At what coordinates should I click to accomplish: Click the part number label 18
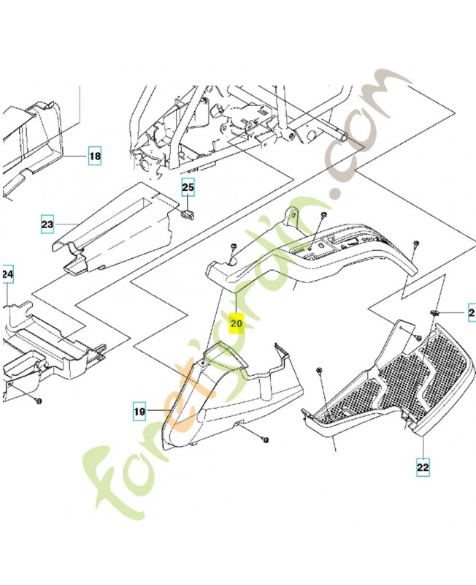[x=96, y=156]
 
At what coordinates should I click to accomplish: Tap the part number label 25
[x=188, y=188]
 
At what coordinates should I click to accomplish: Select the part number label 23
[x=47, y=224]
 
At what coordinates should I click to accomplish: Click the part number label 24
[x=7, y=275]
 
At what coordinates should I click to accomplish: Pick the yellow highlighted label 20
[x=237, y=322]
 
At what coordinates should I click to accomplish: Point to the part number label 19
[x=139, y=412]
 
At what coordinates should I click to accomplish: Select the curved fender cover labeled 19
[x=219, y=395]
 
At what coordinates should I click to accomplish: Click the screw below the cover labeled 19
[x=264, y=439]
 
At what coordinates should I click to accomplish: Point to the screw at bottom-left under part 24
[x=38, y=401]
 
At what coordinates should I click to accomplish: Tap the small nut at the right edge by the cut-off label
[x=434, y=314]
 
